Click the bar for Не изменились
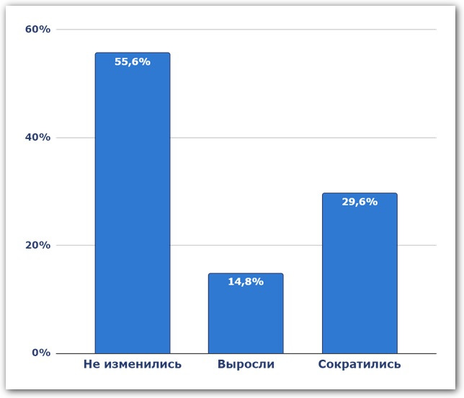click(x=133, y=209)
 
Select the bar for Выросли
click(x=246, y=317)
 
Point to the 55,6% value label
click(x=133, y=62)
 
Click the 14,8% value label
click(x=246, y=282)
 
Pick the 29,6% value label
click(x=359, y=202)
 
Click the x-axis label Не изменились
click(x=133, y=365)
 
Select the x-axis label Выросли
click(x=246, y=365)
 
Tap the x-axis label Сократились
click(x=359, y=365)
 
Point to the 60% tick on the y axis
click(x=37, y=30)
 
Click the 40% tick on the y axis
click(x=37, y=137)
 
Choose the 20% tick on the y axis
click(x=37, y=245)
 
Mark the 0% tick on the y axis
click(x=40, y=353)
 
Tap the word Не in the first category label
click(x=92, y=365)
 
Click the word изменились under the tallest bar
click(x=143, y=365)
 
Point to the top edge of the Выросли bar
click(x=246, y=274)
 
